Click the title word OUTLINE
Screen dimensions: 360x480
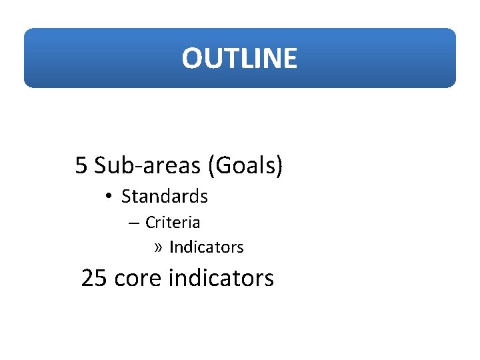[x=239, y=59]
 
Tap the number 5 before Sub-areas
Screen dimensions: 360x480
[x=81, y=165]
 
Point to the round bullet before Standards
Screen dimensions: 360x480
[x=108, y=197]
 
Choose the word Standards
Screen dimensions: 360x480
[x=165, y=197]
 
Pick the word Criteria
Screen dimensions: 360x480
[x=173, y=222]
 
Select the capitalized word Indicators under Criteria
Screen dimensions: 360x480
[x=207, y=247]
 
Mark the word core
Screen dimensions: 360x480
[x=139, y=278]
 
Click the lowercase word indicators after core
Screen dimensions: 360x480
[x=221, y=278]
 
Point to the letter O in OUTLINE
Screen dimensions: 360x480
[x=191, y=59]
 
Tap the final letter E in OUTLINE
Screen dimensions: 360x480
[x=290, y=59]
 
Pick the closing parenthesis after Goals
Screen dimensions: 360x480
[x=279, y=165]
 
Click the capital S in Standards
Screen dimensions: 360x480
[x=125, y=197]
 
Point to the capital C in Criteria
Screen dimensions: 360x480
[x=150, y=222]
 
